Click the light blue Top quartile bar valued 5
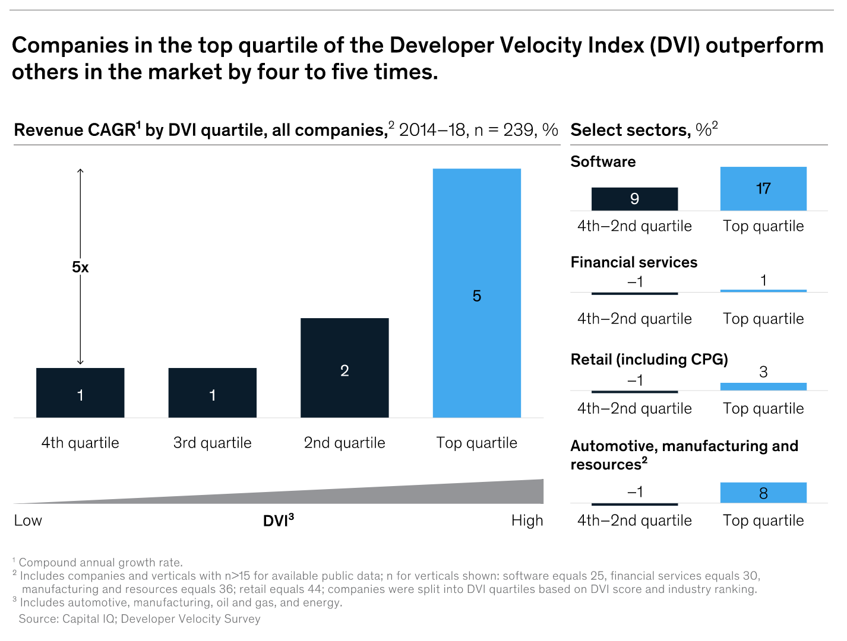(x=476, y=293)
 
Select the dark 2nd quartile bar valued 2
(x=345, y=368)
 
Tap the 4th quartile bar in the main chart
(x=80, y=393)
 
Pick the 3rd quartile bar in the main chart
(x=212, y=393)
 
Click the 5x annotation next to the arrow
(x=80, y=267)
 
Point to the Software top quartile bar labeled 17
(x=763, y=189)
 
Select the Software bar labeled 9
(x=634, y=199)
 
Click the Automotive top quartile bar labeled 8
(x=763, y=493)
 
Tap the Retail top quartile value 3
(x=763, y=372)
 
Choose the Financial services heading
(x=634, y=262)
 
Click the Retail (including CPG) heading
(x=649, y=359)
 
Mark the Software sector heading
(x=603, y=161)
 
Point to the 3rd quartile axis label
(x=212, y=443)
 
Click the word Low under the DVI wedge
(x=28, y=521)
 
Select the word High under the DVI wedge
(x=527, y=521)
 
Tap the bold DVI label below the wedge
(x=278, y=521)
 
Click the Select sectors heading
(x=644, y=129)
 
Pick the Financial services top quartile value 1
(x=763, y=280)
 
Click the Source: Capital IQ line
(x=140, y=619)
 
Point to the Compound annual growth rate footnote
(x=100, y=562)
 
